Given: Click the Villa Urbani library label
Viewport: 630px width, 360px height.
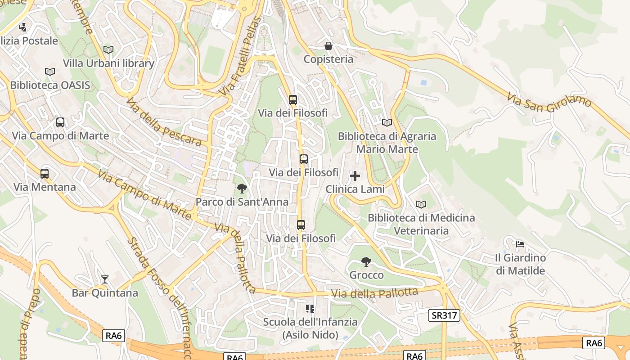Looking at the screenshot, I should [108, 63].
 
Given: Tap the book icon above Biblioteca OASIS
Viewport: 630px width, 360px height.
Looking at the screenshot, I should [50, 72].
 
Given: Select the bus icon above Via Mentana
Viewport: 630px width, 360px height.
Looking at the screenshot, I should [45, 173].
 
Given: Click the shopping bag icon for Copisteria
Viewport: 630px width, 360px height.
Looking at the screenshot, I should [328, 46].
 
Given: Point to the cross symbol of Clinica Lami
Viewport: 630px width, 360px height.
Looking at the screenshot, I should [355, 176].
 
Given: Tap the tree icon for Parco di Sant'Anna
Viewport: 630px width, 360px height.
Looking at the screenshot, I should [242, 189].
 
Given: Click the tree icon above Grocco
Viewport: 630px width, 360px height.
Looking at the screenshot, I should [366, 261].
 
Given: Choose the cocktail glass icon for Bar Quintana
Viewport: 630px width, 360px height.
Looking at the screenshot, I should [104, 279].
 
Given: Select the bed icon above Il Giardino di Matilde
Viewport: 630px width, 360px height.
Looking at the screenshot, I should [520, 244].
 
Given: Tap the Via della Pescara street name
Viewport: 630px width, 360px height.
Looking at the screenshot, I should [164, 122].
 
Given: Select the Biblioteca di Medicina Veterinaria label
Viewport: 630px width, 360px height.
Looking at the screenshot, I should [421, 224].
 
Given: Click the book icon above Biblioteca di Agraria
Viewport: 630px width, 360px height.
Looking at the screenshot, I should [387, 122].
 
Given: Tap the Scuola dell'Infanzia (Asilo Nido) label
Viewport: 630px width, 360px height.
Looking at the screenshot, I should [310, 328].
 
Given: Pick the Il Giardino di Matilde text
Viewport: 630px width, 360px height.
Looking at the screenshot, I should [520, 264].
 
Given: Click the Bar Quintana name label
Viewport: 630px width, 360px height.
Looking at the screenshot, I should [105, 293].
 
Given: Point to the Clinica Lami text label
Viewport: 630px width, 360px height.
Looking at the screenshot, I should [355, 189].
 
